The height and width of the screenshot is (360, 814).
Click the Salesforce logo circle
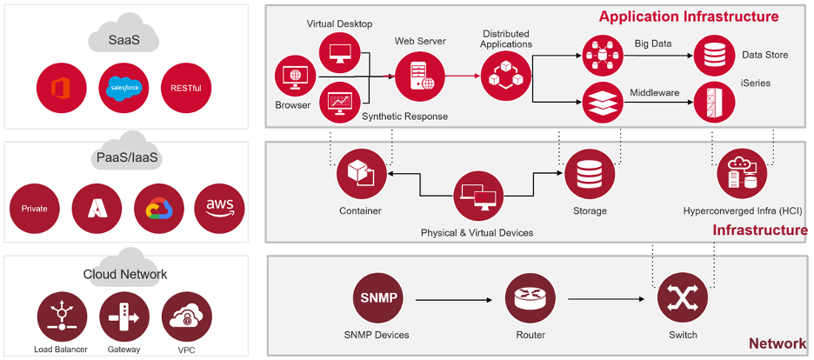pyautogui.click(x=124, y=88)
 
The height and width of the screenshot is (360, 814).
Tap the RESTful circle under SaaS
pyautogui.click(x=186, y=88)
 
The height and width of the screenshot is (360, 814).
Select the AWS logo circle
pyautogui.click(x=220, y=208)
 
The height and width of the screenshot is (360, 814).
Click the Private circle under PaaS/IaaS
pyautogui.click(x=35, y=208)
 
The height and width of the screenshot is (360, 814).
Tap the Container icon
pyautogui.click(x=362, y=174)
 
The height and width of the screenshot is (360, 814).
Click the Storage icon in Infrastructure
pyautogui.click(x=589, y=174)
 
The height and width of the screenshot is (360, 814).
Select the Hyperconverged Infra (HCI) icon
pyautogui.click(x=742, y=174)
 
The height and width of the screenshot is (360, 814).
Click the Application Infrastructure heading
pyautogui.click(x=689, y=17)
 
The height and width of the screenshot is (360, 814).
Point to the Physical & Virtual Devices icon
pyautogui.click(x=477, y=194)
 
